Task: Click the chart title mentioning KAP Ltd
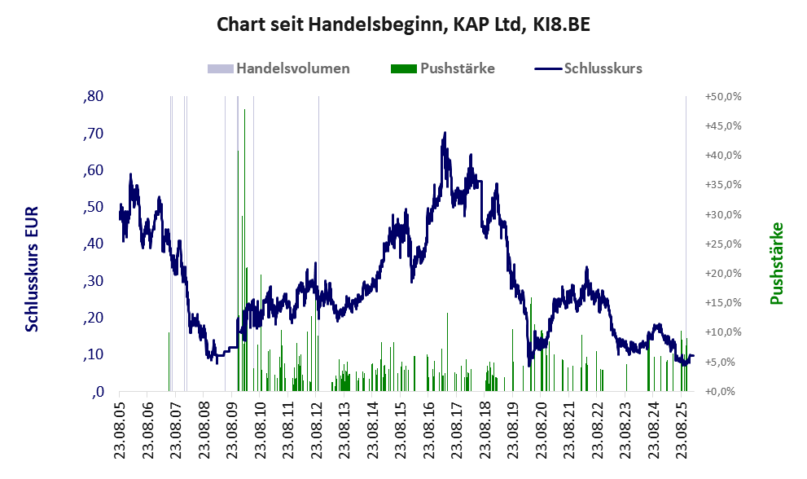(403, 24)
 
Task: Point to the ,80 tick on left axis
(93, 97)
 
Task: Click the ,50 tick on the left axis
(93, 207)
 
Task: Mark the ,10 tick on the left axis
(93, 354)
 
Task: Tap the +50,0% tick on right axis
(722, 97)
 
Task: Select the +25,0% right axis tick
(722, 244)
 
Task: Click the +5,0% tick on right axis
(722, 362)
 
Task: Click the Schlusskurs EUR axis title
(33, 269)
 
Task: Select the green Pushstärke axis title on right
(776, 263)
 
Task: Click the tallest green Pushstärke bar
(244, 244)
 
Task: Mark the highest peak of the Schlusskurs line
(445, 133)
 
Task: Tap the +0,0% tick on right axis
(724, 391)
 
